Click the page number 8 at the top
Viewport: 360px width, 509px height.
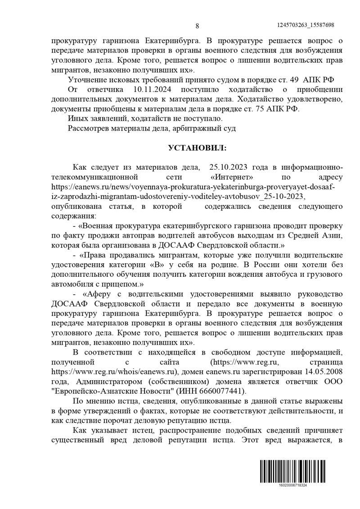click(x=197, y=26)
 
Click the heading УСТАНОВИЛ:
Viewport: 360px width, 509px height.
click(x=197, y=148)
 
